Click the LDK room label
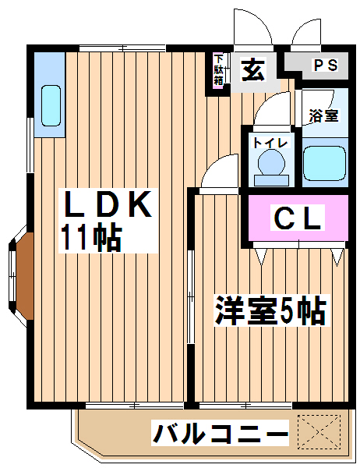tap(108, 204)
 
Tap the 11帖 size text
tap(92, 238)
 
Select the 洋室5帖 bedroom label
tap(270, 310)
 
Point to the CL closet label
tap(298, 217)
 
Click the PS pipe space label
tap(325, 66)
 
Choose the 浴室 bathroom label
tap(324, 115)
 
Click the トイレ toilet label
tap(270, 143)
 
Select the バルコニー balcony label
tap(221, 432)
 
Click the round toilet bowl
tap(271, 163)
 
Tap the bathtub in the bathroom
tap(324, 163)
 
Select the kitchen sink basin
tap(51, 105)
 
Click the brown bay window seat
tap(24, 276)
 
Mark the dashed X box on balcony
tap(319, 432)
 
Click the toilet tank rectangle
tap(271, 181)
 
